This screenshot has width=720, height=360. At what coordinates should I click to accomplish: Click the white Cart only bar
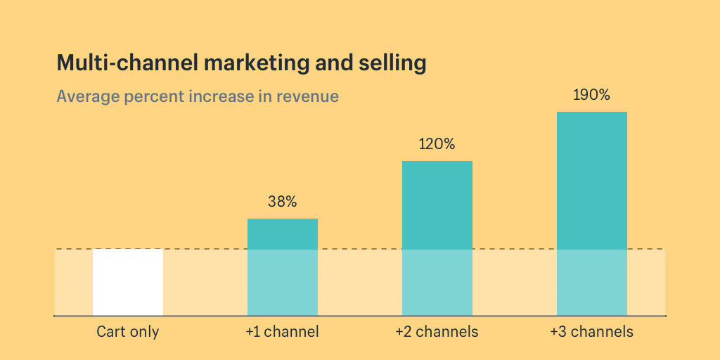point(128,282)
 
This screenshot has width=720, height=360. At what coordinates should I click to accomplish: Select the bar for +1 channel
point(283,267)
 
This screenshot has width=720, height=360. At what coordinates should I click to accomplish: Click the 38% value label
point(283,202)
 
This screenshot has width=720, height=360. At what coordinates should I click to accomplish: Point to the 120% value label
point(437,145)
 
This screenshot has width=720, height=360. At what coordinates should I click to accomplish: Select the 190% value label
point(591,95)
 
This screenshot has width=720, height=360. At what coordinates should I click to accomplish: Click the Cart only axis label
point(128,332)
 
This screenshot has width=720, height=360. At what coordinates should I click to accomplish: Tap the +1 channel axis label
point(283,332)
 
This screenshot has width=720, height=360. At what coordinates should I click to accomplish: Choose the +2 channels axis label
point(437,332)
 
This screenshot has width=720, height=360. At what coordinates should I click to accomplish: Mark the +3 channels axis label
point(592,332)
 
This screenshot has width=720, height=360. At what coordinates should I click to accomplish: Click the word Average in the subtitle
point(87,96)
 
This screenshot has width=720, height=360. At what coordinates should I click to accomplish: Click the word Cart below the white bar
point(111,332)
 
